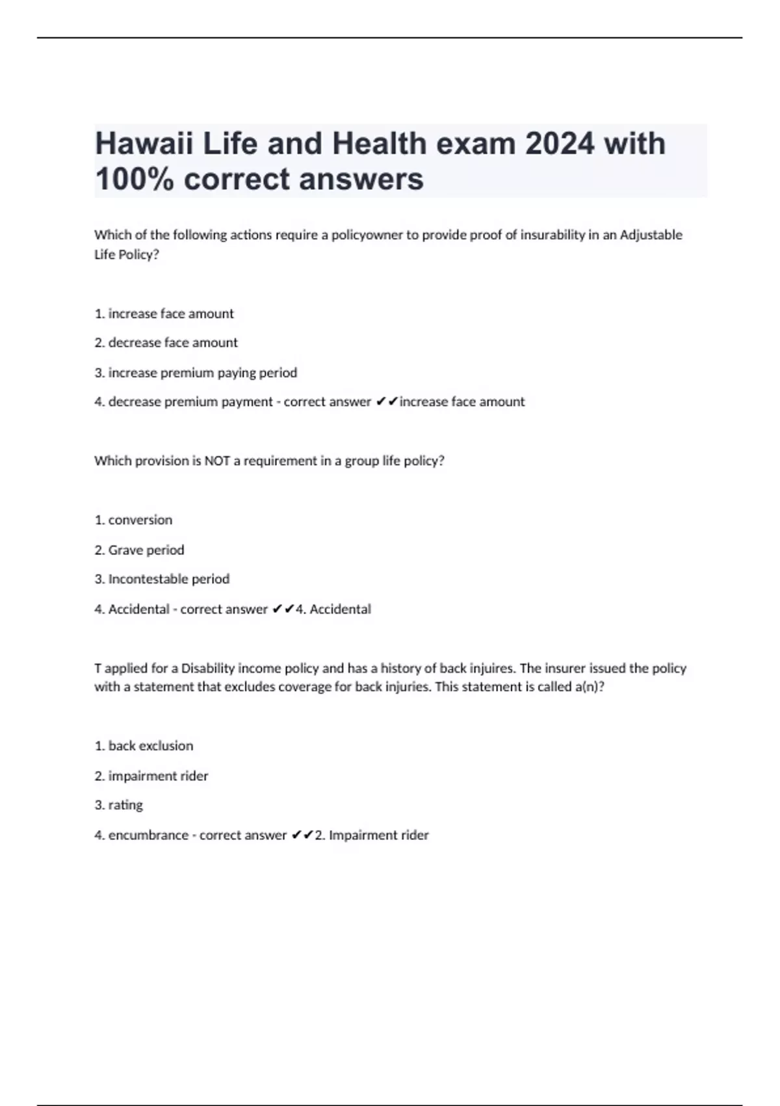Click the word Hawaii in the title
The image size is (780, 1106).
(x=144, y=144)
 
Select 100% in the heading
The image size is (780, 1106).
(x=134, y=179)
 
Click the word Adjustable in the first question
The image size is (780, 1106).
(x=651, y=235)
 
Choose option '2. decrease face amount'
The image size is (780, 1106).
(x=166, y=343)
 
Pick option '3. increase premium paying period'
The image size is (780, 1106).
(x=196, y=373)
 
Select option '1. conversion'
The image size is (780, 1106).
(x=133, y=520)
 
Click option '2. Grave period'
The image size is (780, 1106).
(x=139, y=550)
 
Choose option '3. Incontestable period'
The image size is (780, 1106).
(x=162, y=579)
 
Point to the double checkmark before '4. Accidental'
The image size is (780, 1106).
(x=283, y=610)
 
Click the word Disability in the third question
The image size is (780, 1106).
(x=207, y=668)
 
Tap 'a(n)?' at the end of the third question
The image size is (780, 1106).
(x=590, y=687)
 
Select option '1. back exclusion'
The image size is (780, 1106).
(x=144, y=746)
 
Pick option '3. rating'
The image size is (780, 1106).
(x=118, y=805)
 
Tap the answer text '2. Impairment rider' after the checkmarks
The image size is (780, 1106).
(x=372, y=835)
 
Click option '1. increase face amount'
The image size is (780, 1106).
(x=164, y=314)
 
